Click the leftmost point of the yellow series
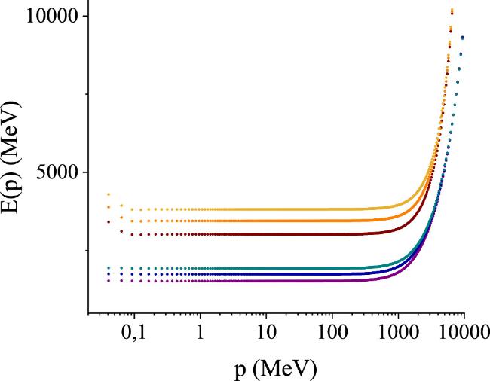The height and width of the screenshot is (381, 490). (x=109, y=194)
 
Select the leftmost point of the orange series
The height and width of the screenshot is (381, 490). (x=109, y=207)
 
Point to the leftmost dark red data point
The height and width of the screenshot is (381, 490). (x=109, y=221)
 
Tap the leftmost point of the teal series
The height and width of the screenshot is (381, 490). (x=109, y=268)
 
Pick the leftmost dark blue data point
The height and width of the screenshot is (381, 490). (x=109, y=274)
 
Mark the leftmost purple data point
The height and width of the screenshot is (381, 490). (x=109, y=280)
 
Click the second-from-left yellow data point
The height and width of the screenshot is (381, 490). (x=121, y=205)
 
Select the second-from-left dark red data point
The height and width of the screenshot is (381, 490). (x=121, y=231)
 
